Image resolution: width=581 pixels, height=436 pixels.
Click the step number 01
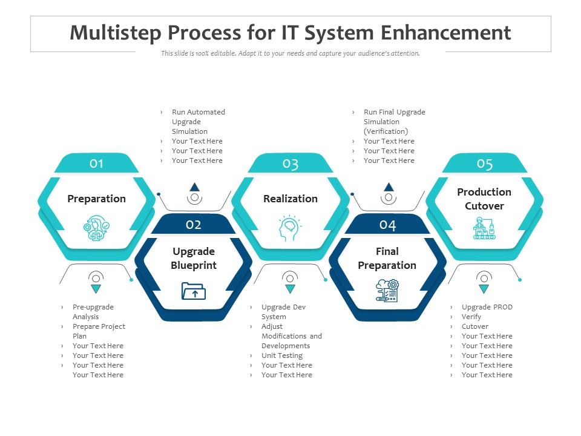click(97, 163)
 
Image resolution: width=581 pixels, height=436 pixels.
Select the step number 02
click(194, 225)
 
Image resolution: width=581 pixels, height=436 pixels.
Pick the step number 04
click(387, 225)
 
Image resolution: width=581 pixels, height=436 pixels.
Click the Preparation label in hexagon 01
click(97, 199)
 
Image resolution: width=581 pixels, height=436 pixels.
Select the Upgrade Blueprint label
click(194, 258)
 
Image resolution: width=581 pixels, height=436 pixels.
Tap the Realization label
click(290, 199)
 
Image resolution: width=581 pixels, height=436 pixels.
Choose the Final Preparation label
click(387, 258)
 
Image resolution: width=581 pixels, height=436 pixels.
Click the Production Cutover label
click(484, 199)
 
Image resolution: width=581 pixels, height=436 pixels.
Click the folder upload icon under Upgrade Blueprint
click(194, 291)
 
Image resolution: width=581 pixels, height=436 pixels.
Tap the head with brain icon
click(290, 229)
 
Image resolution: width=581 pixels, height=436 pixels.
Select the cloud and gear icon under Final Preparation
click(387, 291)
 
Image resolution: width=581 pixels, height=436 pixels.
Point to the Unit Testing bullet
click(281, 355)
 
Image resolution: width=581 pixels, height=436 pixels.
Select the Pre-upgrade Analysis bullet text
click(93, 312)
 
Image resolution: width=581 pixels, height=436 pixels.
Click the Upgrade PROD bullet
click(487, 307)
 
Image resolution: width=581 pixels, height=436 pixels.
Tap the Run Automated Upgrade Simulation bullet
click(198, 122)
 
